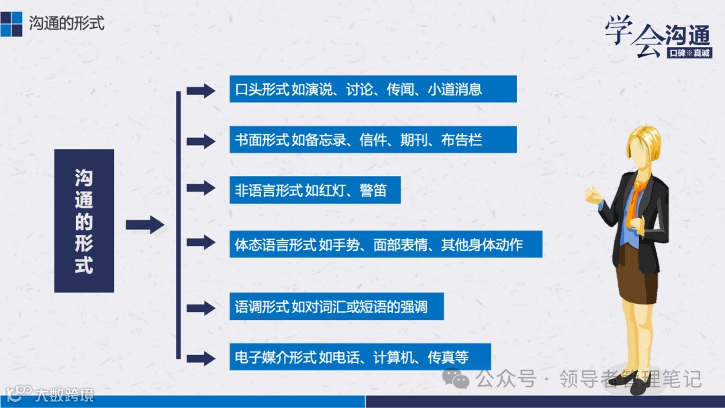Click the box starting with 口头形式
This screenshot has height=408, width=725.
pos(373,89)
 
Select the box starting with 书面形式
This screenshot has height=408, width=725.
pos(373,140)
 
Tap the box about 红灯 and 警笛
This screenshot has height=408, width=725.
pos(315,190)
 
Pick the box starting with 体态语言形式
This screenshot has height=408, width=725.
pos(385,244)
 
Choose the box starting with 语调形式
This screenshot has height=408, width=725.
pos(336,308)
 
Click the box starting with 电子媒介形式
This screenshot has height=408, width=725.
pos(360,357)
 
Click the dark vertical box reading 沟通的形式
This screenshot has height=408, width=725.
pos(84,220)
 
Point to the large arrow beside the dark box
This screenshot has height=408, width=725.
pos(144,225)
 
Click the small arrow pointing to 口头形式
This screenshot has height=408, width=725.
pos(200,91)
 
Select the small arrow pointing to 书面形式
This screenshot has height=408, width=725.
pos(200,141)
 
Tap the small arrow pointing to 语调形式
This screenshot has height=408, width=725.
pos(200,309)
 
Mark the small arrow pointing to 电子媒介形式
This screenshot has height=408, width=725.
pos(200,358)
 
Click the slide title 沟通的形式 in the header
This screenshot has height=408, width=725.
pos(66,23)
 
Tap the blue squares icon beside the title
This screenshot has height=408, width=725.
pos(11,23)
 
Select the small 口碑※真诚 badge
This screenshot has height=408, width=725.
pos(689,52)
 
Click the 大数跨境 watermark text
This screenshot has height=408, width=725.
pos(64,394)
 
